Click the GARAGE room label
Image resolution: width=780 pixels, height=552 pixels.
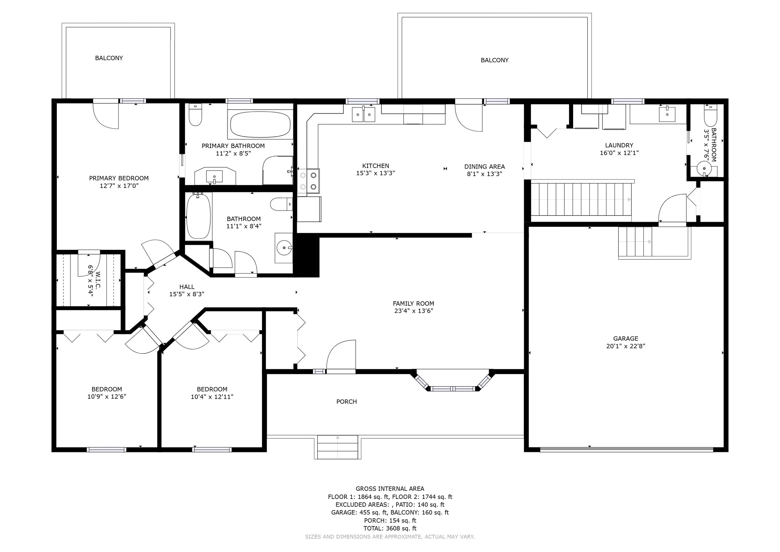626,338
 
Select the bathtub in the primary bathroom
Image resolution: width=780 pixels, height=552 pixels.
260,124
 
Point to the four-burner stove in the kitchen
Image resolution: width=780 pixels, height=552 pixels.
309,181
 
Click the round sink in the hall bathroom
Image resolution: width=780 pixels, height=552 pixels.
284,248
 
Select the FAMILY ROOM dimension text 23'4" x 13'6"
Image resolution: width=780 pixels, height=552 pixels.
413,311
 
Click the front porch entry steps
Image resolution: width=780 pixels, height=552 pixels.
337,447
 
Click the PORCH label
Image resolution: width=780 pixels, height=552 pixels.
347,402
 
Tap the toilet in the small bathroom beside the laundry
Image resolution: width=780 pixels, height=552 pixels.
710,116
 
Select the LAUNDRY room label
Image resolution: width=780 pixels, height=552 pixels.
619,145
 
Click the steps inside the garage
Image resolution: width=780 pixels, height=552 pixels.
635,242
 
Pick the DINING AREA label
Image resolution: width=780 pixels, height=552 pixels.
485,166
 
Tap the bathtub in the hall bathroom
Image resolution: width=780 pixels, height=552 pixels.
198,216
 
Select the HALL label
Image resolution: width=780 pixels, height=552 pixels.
187,287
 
